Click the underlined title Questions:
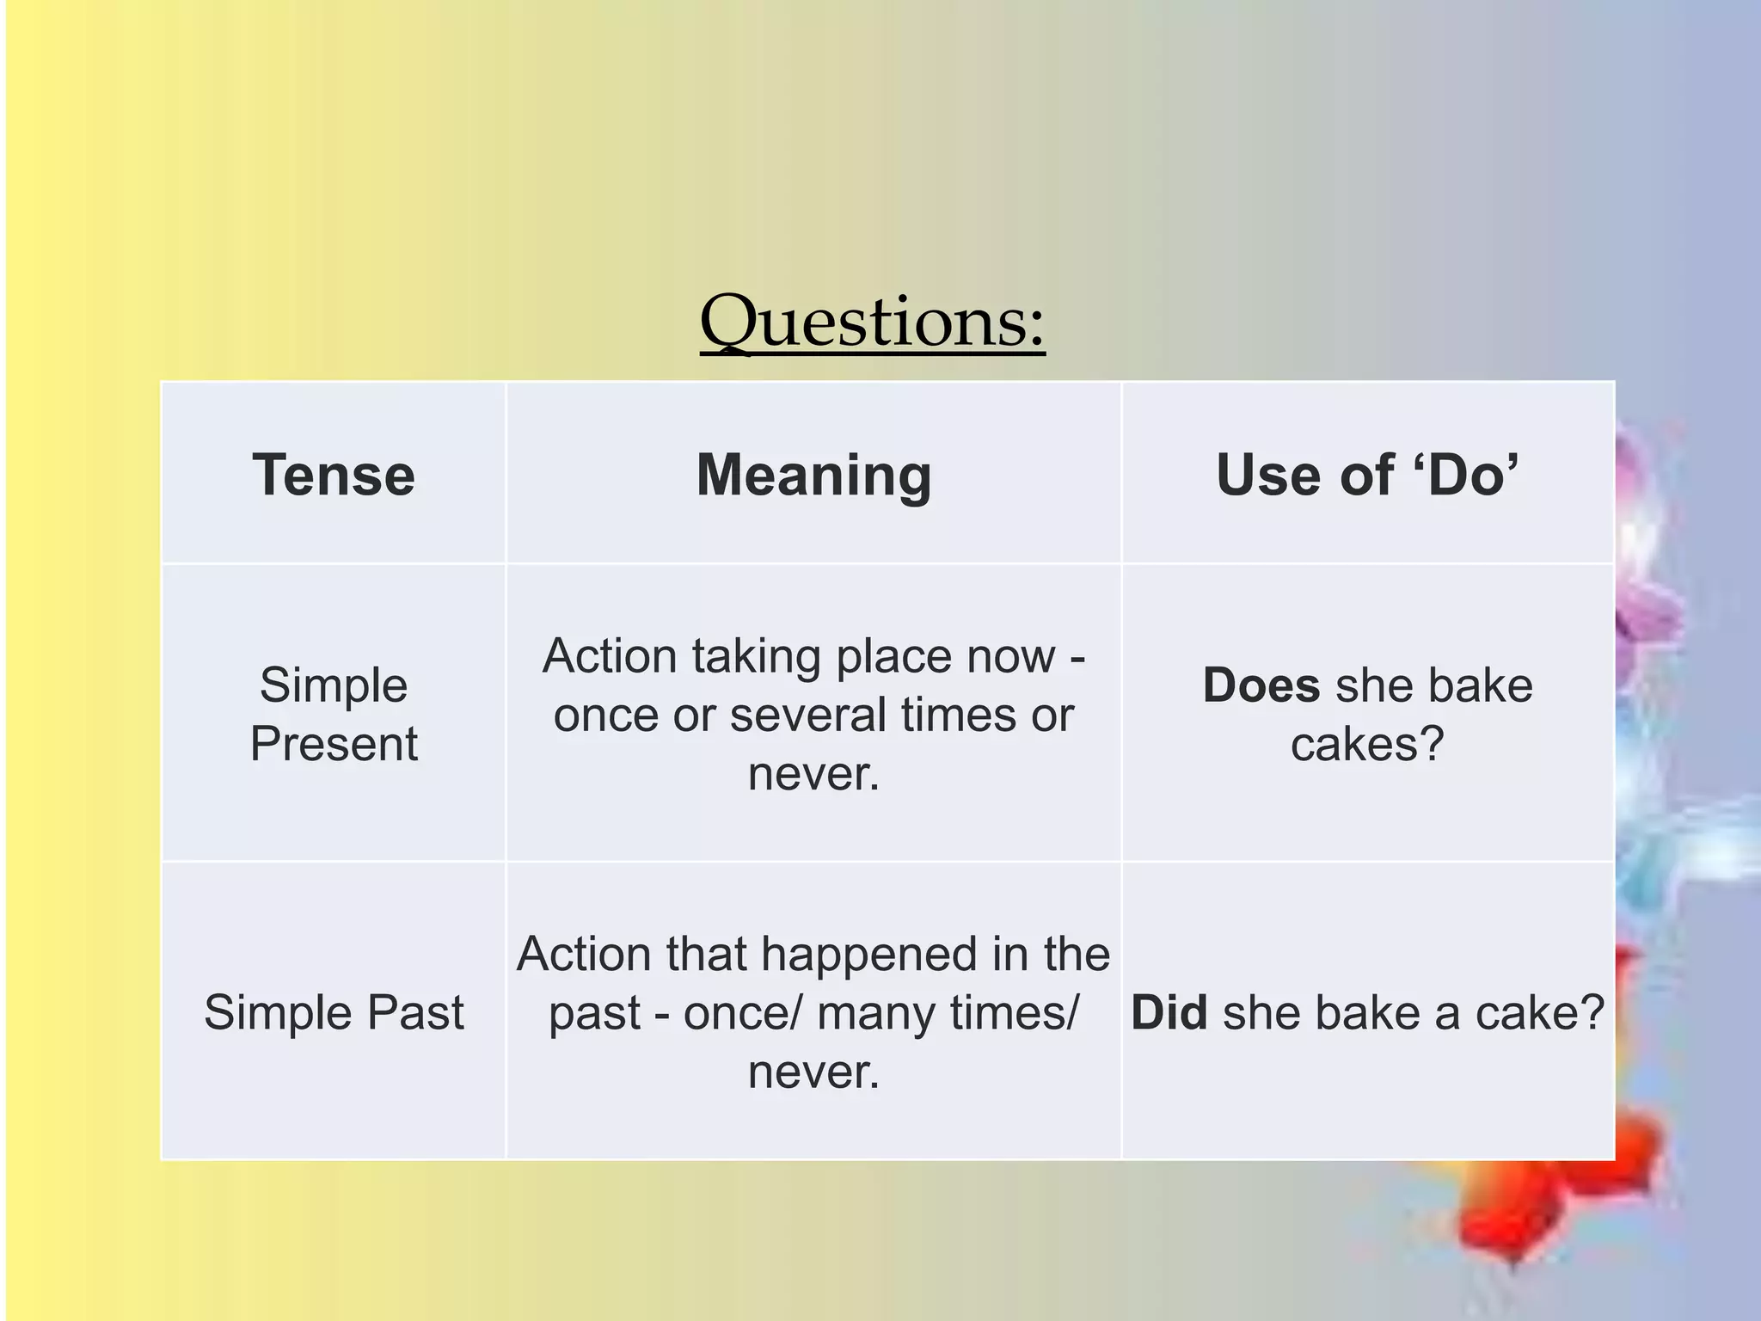pyautogui.click(x=872, y=322)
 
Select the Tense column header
pyautogui.click(x=334, y=475)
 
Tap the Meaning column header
pyautogui.click(x=813, y=475)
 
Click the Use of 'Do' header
pyautogui.click(x=1367, y=475)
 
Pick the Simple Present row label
pyautogui.click(x=334, y=714)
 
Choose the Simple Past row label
pyautogui.click(x=334, y=1012)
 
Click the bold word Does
pyautogui.click(x=1261, y=685)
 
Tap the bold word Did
pyautogui.click(x=1169, y=1012)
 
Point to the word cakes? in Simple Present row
pyautogui.click(x=1367, y=744)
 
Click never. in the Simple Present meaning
pyautogui.click(x=813, y=773)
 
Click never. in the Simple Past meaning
pyautogui.click(x=813, y=1072)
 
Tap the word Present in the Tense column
pyautogui.click(x=334, y=744)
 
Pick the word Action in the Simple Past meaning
pyautogui.click(x=584, y=955)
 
